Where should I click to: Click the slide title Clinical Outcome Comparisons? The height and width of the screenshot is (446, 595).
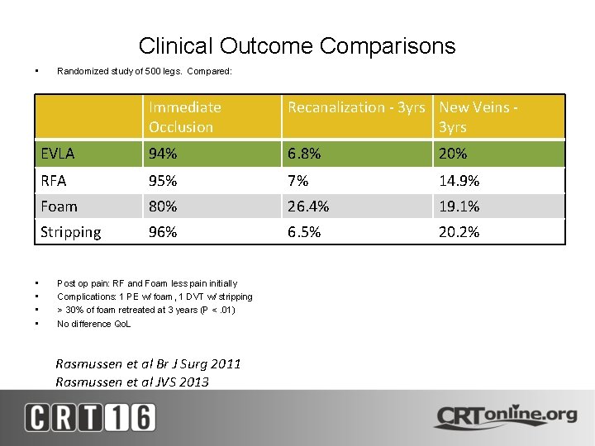[297, 46]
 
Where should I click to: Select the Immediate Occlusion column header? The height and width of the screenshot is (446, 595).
[185, 116]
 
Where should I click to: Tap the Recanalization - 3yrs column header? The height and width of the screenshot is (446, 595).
[356, 107]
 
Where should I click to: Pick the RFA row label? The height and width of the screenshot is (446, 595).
[54, 180]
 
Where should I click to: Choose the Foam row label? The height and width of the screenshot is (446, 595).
[59, 206]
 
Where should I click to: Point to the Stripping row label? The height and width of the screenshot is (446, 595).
[71, 232]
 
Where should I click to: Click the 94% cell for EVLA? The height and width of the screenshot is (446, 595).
[163, 154]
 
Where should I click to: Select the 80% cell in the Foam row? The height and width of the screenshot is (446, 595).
[163, 206]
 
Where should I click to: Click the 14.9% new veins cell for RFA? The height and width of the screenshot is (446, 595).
[459, 180]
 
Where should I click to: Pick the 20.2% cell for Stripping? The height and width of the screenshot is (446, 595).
[459, 232]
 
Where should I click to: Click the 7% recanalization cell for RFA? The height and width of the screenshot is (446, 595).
[298, 180]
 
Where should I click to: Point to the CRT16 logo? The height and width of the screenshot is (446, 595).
[90, 417]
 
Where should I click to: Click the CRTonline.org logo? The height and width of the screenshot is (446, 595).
[505, 415]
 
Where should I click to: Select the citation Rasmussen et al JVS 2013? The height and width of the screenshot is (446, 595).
[132, 382]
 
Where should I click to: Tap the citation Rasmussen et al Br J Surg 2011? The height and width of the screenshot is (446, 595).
[148, 363]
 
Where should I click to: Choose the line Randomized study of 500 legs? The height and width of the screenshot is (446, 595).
[145, 71]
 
